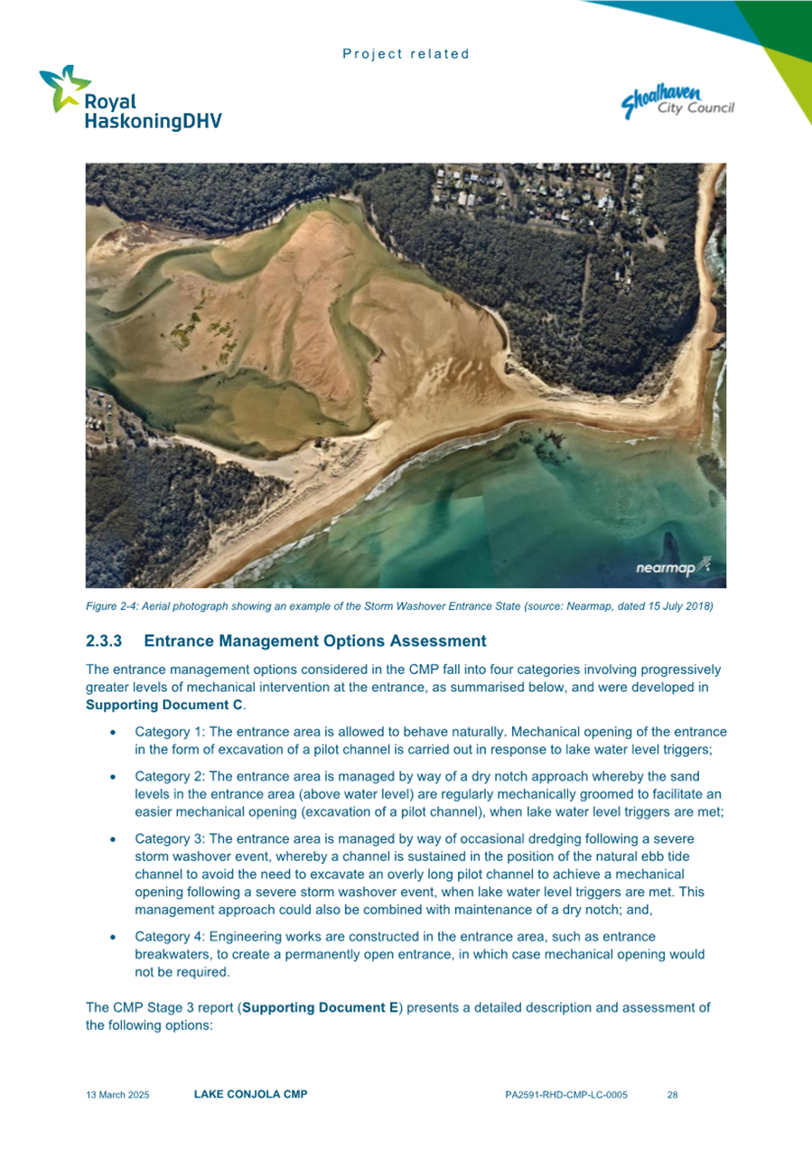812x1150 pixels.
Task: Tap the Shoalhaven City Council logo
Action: coord(677,101)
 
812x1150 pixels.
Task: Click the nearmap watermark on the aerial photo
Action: coord(674,567)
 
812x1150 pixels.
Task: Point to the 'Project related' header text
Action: coord(406,54)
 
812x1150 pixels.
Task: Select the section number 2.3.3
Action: coord(105,641)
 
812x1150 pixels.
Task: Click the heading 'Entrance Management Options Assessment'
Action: coord(314,641)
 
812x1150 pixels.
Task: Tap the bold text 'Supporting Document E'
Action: coord(321,1007)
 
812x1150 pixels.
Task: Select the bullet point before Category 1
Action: coord(111,732)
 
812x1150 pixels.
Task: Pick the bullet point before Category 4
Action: coord(111,937)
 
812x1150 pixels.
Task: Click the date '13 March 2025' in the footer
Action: coord(117,1095)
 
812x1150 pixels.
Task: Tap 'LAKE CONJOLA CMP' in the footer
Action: coord(250,1095)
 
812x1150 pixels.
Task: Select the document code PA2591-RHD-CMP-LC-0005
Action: coord(566,1095)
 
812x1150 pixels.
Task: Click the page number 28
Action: coord(672,1095)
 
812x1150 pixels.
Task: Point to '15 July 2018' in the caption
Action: coord(680,606)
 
